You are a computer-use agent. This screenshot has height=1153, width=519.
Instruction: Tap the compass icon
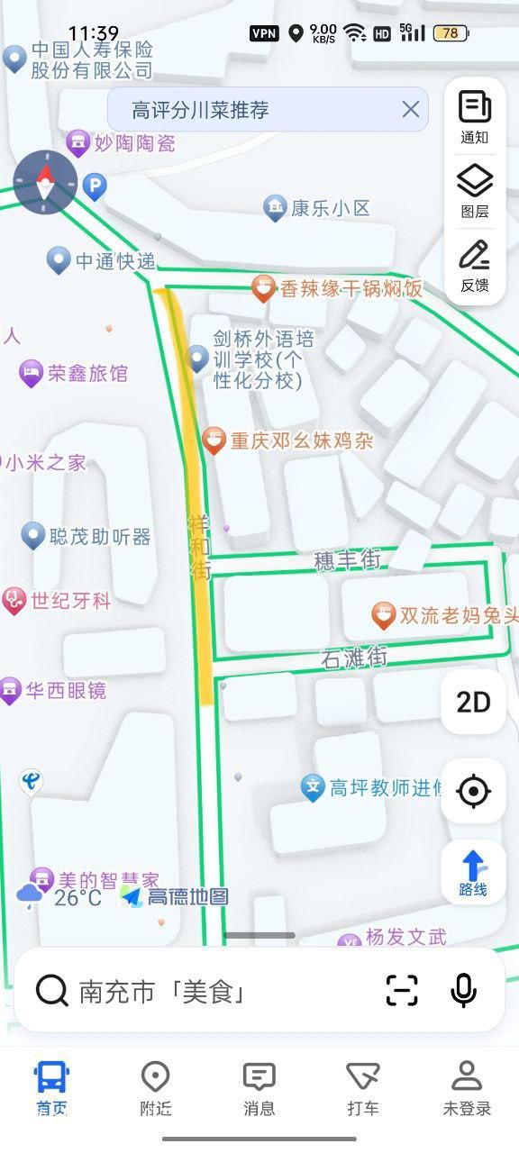[45, 182]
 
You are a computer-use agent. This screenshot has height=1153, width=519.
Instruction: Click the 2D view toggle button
[473, 702]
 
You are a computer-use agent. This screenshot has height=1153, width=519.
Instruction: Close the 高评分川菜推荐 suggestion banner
[411, 110]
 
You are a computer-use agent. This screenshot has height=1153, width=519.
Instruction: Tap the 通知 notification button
[474, 117]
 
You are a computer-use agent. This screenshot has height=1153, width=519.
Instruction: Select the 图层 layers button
[474, 192]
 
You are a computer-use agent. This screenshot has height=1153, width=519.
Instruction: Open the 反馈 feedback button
[474, 266]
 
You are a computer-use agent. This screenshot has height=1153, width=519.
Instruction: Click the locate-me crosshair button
[473, 792]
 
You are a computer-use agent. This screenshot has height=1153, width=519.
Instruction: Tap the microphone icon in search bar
[463, 991]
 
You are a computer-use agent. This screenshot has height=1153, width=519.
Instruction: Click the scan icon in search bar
[402, 991]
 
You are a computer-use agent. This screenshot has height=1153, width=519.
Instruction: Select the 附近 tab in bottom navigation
[156, 1087]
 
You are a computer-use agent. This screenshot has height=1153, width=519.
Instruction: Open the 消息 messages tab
[259, 1087]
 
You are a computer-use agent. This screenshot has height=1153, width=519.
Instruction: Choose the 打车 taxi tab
[363, 1087]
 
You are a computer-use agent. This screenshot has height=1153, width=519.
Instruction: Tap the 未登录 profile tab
[467, 1087]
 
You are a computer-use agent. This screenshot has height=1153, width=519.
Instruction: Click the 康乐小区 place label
[330, 209]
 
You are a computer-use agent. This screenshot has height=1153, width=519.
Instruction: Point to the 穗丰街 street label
[347, 560]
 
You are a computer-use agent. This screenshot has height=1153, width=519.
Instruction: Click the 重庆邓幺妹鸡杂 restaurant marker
[214, 440]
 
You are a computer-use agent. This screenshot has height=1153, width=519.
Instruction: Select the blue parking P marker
[95, 186]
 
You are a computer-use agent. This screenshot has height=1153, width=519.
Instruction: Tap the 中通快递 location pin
[59, 261]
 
